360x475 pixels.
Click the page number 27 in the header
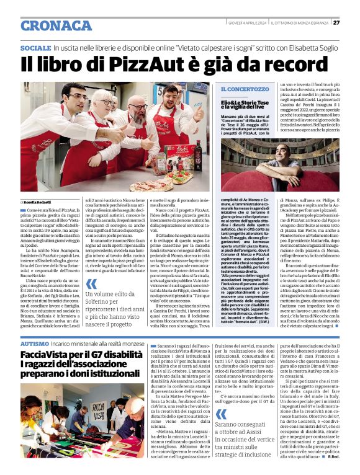pos(336,23)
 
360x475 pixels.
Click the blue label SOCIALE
pos(35,48)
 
